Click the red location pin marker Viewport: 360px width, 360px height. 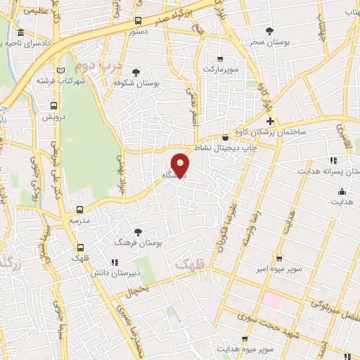point(180,165)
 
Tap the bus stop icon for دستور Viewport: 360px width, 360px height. point(137,20)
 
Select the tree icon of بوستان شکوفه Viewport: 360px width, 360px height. point(136,72)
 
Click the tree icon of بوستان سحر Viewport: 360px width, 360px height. point(269,30)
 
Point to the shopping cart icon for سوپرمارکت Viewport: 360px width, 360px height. point(221,59)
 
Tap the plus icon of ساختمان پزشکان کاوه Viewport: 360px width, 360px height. point(270,122)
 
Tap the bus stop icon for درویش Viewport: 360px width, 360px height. point(53,105)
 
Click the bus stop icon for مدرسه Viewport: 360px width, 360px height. point(79,210)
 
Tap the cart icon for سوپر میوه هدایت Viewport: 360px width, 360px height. point(245,338)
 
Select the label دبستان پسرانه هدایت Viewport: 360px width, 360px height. point(327,171)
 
